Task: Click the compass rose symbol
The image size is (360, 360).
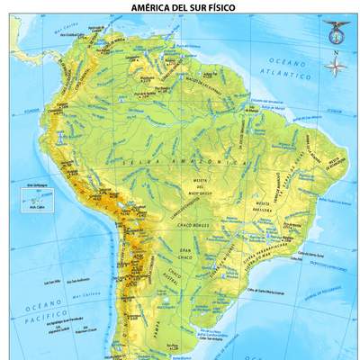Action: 336,67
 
